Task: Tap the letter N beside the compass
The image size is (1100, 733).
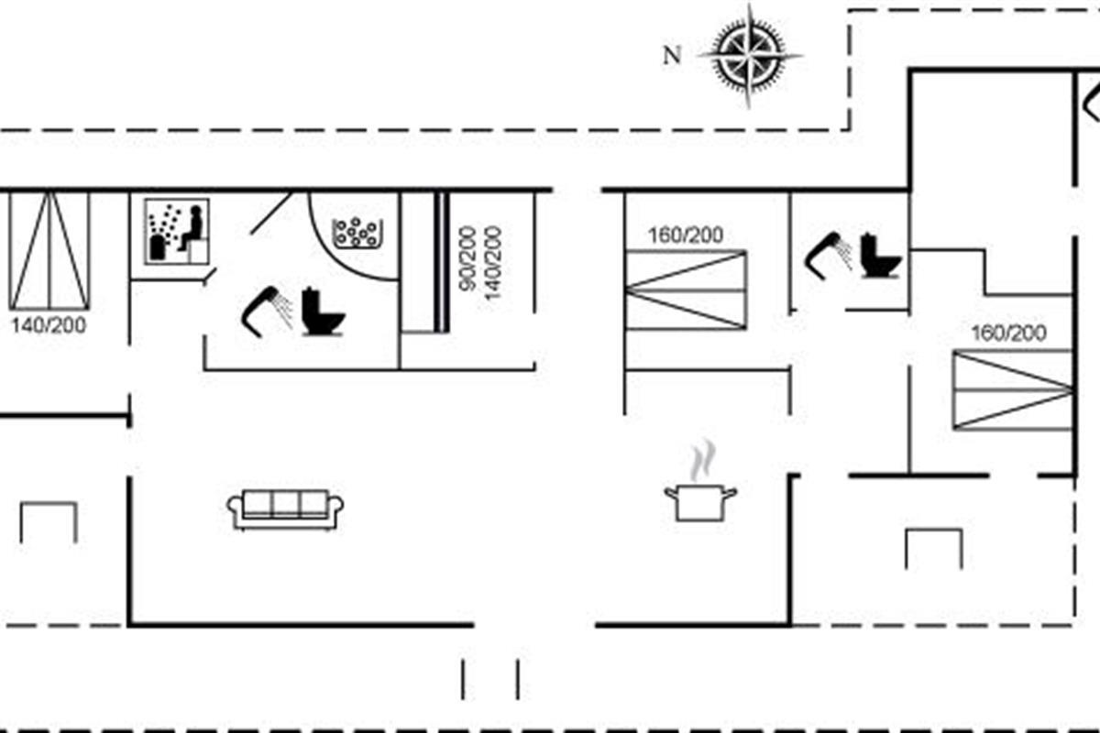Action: coord(672,56)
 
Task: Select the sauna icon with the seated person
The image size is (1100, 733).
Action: coord(178,232)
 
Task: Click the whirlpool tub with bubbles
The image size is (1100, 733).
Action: coord(357,234)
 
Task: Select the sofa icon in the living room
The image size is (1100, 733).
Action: coord(285,509)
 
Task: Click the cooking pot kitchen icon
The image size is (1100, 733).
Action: coord(700,502)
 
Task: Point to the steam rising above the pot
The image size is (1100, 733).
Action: coord(701,461)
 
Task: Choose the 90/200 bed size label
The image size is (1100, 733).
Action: coord(468,259)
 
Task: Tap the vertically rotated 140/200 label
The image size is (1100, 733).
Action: coord(493,259)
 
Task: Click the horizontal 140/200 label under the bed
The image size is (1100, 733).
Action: coord(49,324)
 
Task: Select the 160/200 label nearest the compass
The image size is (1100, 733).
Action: coord(685,235)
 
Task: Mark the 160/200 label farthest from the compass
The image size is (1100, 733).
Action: coord(1008,334)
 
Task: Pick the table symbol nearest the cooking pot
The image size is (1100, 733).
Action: coord(933,548)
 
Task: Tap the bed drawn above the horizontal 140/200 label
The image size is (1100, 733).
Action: coord(49,249)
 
